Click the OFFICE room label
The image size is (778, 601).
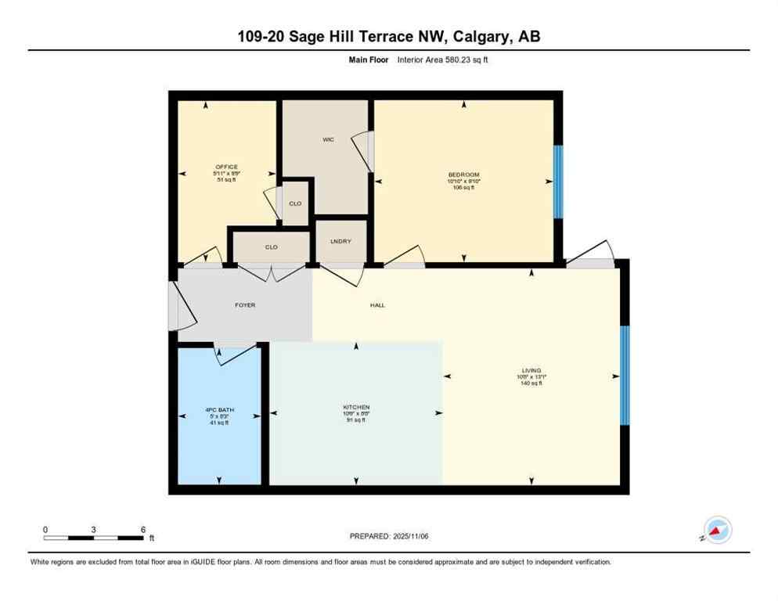click(226, 167)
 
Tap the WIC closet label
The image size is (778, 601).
click(329, 139)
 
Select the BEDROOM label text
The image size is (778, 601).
click(463, 175)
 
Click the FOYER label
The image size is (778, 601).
click(245, 305)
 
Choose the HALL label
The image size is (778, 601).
click(377, 305)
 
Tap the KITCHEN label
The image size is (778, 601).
click(356, 407)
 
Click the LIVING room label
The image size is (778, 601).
click(531, 370)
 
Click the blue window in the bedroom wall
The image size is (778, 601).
click(558, 182)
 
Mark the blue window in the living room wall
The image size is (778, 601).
click(624, 375)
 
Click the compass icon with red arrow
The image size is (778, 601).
click(717, 530)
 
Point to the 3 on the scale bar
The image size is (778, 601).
click(93, 530)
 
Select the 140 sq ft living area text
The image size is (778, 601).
click(531, 383)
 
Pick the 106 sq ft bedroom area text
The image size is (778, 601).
click(463, 188)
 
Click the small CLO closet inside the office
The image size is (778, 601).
click(295, 203)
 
